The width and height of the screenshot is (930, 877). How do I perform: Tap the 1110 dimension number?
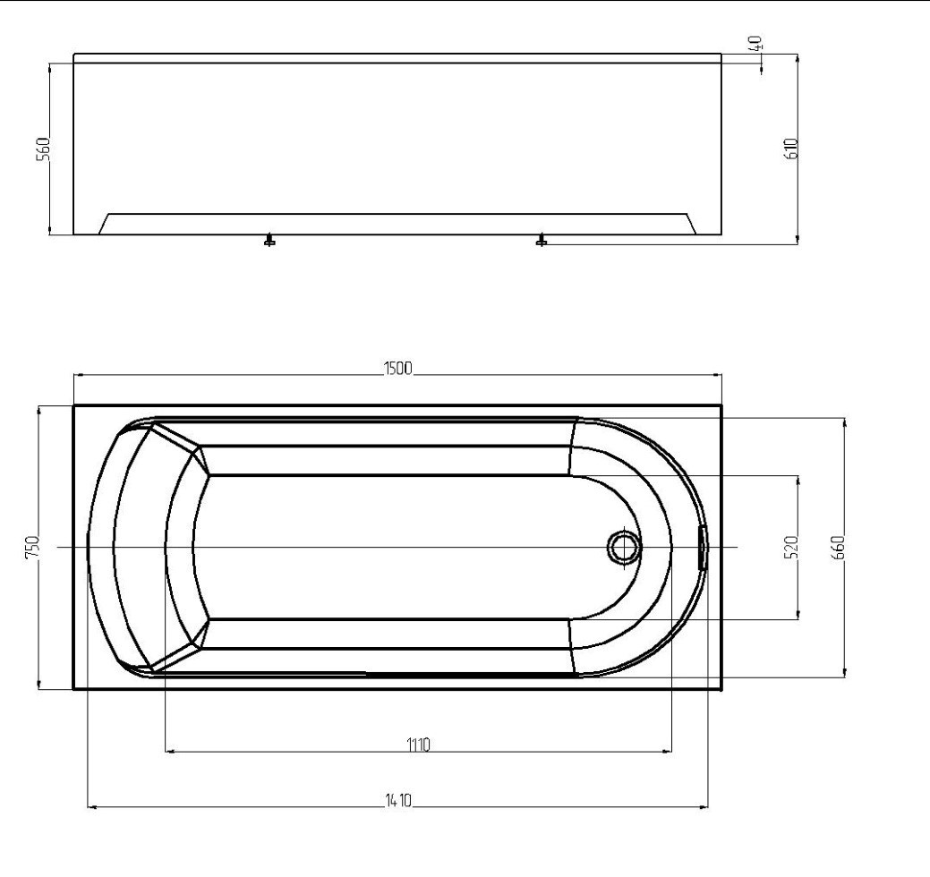click(x=417, y=745)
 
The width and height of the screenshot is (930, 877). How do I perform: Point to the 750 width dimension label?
click(x=31, y=547)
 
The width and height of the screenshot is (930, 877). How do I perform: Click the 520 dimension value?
click(x=789, y=548)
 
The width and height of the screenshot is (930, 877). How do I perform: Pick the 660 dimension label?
click(x=838, y=547)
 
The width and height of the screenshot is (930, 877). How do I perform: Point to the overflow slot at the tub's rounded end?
click(x=703, y=547)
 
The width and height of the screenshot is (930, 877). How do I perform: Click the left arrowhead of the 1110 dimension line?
click(x=171, y=751)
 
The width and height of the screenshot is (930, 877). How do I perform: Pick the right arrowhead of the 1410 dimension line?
click(x=704, y=807)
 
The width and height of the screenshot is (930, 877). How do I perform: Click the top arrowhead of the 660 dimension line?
click(x=845, y=421)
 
